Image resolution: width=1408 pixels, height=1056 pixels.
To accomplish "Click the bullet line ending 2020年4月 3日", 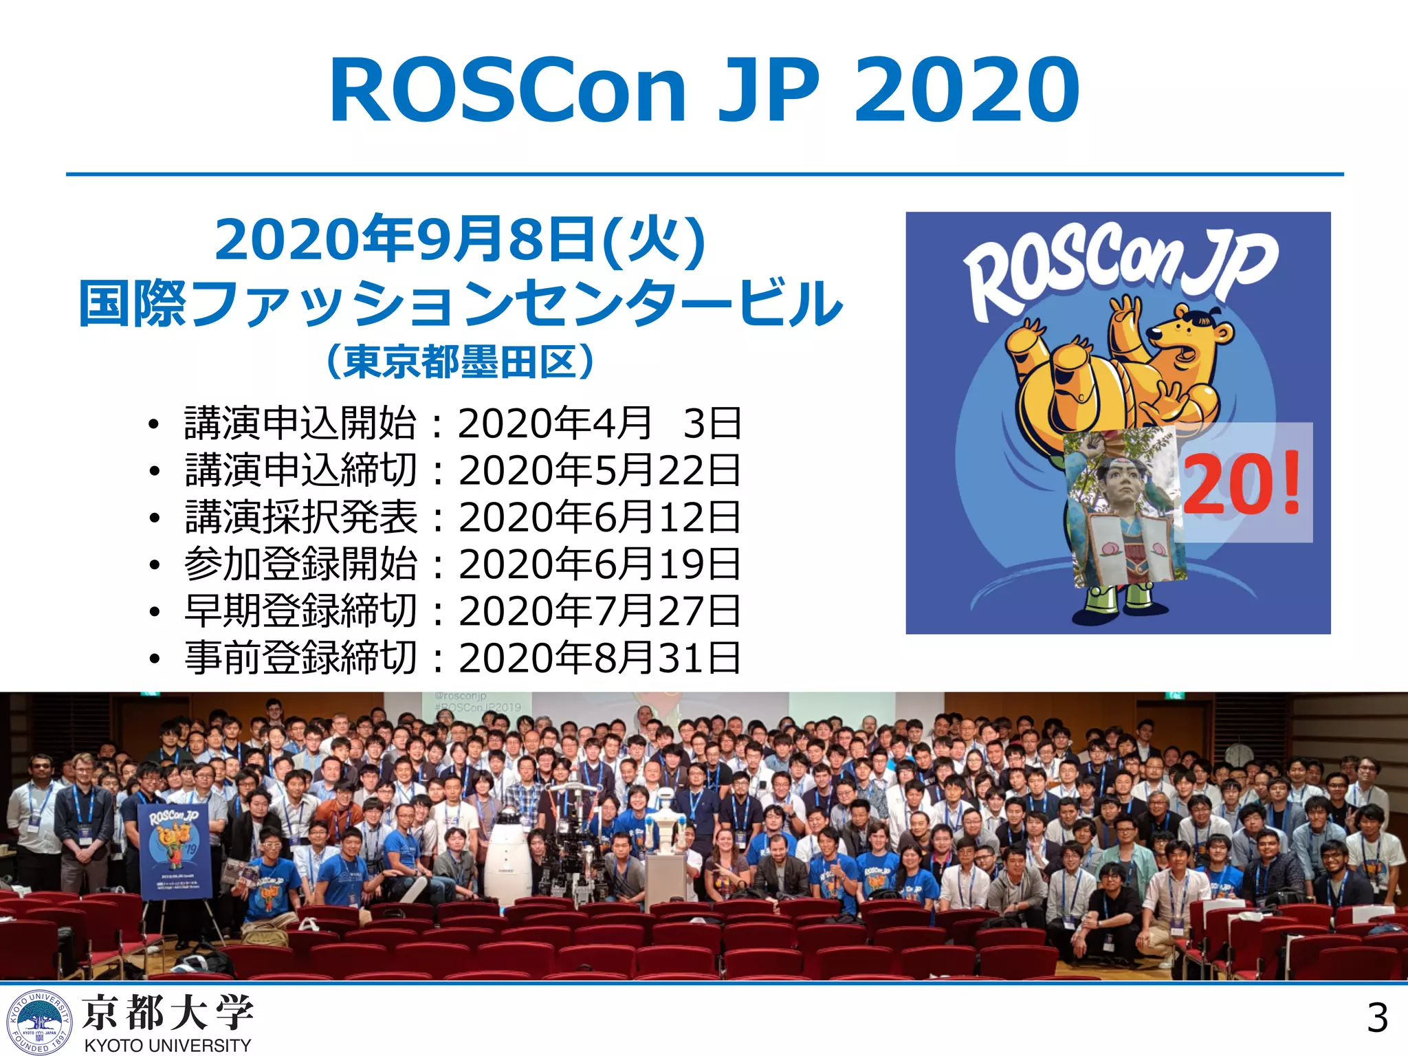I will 462,423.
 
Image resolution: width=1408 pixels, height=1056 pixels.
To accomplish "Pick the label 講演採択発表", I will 300,517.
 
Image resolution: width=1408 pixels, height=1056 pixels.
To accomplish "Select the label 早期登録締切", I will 300,610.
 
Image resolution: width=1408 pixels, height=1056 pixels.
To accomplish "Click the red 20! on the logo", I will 1242,483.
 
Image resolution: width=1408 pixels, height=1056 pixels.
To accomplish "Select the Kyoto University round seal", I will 39,1022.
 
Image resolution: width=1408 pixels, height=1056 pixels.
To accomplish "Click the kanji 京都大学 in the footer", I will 168,1012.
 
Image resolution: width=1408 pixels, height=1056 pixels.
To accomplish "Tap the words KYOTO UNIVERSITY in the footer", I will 168,1045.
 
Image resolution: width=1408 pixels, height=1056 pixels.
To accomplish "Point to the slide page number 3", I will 1376,1017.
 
